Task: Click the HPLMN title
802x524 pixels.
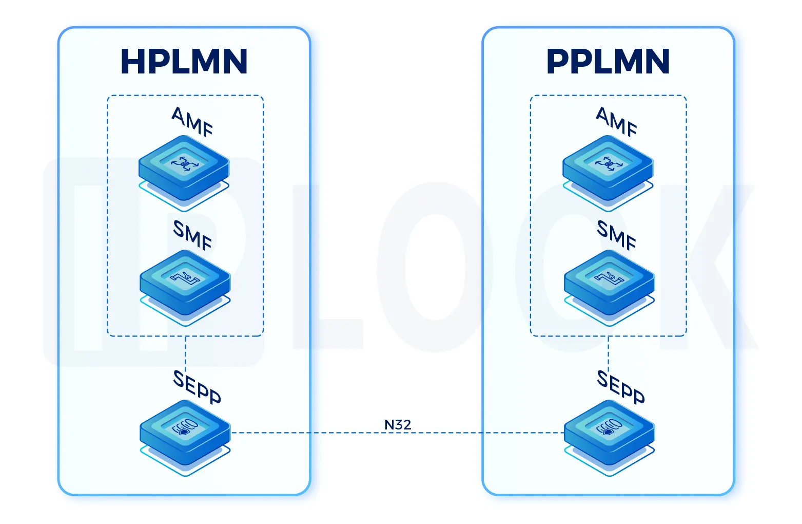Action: pos(184,62)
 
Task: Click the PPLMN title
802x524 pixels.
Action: pos(608,62)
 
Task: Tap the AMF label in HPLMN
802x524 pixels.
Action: pos(192,122)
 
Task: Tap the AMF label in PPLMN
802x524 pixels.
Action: pos(617,122)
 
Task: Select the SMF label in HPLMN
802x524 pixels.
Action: pos(192,235)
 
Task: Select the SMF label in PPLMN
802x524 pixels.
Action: pos(617,235)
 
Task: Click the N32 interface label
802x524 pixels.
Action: pos(398,425)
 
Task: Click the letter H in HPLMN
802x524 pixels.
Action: pos(132,62)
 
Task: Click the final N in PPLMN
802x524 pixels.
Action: pos(656,62)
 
